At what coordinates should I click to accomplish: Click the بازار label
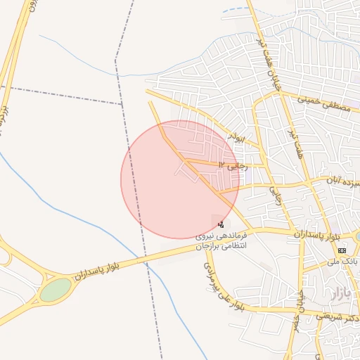[337, 290]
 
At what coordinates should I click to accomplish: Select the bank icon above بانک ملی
[342, 250]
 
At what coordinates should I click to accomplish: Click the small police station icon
[221, 224]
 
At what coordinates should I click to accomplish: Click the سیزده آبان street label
[343, 180]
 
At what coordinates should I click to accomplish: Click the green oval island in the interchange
[56, 289]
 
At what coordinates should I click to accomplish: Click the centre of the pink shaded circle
[180, 179]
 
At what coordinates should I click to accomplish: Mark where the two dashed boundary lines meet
[122, 103]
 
